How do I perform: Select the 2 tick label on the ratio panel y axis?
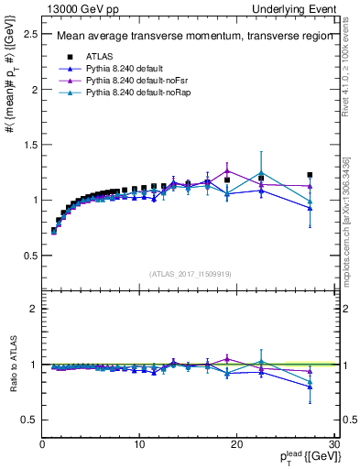[x=34, y=309]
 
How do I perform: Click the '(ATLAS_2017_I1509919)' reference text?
[x=191, y=272]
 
